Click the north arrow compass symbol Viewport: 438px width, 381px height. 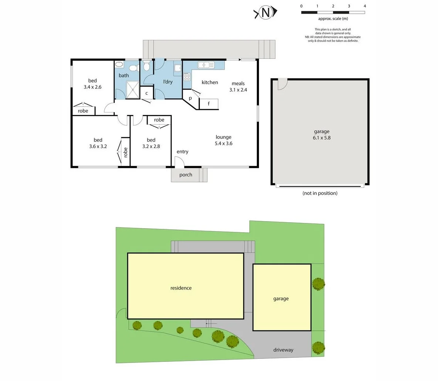265,13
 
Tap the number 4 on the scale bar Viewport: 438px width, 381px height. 365,6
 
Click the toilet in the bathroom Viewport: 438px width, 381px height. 146,67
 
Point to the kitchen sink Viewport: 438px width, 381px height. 206,65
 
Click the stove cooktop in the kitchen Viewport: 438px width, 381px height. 186,77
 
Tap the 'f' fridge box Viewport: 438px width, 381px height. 208,104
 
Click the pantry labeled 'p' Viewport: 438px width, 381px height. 190,98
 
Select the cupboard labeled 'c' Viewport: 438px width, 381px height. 146,93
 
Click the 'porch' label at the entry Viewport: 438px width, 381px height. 186,175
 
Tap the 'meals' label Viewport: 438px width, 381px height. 238,84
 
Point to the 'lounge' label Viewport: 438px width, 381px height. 223,137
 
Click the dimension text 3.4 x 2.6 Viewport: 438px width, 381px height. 92,87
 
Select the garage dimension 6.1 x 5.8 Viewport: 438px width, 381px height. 321,138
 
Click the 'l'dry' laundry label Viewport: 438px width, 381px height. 168,82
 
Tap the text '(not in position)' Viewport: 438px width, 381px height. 320,193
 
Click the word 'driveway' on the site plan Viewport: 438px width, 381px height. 283,350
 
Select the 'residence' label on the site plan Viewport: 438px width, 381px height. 181,288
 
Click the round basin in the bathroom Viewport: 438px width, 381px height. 119,65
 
